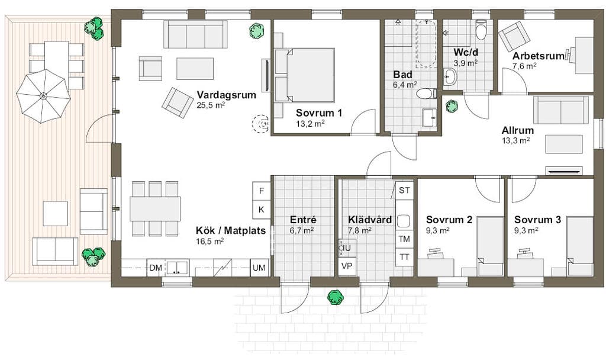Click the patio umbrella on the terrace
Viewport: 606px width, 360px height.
click(43, 96)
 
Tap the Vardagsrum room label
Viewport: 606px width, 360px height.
click(226, 95)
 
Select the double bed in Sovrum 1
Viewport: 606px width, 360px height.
click(305, 75)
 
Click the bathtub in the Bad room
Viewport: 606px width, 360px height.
click(426, 44)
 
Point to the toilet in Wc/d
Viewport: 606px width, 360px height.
click(481, 30)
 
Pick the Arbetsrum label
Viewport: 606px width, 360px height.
click(539, 56)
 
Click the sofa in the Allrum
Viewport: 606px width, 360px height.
click(561, 110)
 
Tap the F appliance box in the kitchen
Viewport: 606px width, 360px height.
click(262, 191)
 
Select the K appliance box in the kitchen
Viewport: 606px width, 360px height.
click(262, 210)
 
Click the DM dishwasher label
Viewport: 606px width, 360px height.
click(156, 268)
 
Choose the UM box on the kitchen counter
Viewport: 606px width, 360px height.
click(259, 268)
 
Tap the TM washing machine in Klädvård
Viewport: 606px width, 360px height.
click(404, 239)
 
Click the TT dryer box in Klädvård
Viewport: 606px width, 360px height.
click(404, 257)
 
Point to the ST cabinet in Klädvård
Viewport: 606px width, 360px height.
click(404, 190)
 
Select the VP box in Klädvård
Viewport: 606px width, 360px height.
click(347, 266)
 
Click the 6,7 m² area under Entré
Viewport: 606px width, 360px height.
click(301, 230)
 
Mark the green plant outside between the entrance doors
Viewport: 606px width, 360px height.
click(336, 297)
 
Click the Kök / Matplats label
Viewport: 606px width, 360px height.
click(231, 230)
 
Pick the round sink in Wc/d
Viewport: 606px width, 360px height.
click(450, 76)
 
